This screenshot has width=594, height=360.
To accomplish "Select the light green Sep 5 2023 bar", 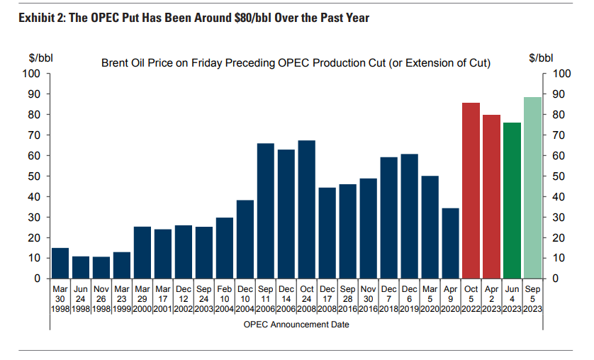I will [x=532, y=188].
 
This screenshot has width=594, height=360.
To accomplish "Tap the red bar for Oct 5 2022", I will [x=471, y=191].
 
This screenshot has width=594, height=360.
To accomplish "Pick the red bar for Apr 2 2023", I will [x=491, y=196].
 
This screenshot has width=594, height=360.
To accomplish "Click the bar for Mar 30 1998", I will [x=60, y=264].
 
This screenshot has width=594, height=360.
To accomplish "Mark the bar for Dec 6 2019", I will [x=409, y=216].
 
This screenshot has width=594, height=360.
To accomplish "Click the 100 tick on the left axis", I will [x=31, y=74].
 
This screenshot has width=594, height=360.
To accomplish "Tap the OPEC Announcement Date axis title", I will [x=297, y=325].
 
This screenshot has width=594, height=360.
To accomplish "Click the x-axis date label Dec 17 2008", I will [x=327, y=300].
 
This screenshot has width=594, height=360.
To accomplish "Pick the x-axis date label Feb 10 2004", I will [x=224, y=300].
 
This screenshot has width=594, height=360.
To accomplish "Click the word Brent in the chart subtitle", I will [x=116, y=64].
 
